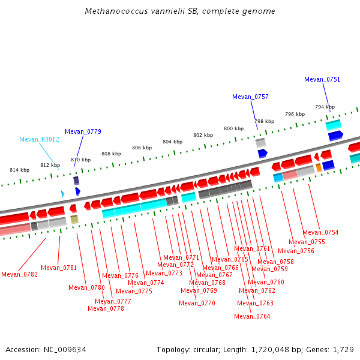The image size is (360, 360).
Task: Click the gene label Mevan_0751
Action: (322, 79)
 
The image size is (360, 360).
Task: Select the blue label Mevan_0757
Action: (250, 97)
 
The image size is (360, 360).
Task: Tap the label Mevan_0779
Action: (83, 131)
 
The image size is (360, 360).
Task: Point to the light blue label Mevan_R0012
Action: (39, 139)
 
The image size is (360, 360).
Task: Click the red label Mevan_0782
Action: (19, 274)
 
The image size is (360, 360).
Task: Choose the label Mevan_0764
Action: (252, 316)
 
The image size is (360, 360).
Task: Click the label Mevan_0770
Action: (197, 303)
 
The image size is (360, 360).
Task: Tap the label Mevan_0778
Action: (106, 308)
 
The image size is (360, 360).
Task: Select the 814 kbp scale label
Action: (19, 170)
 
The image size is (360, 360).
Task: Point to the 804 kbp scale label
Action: (172, 142)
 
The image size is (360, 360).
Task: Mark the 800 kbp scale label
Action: (234, 128)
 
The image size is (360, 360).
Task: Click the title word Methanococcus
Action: (113, 11)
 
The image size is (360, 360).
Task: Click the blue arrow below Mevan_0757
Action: (262, 154)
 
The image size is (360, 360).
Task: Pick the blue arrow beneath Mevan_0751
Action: (335, 136)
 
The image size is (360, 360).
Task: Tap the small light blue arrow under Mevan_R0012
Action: (62, 194)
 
